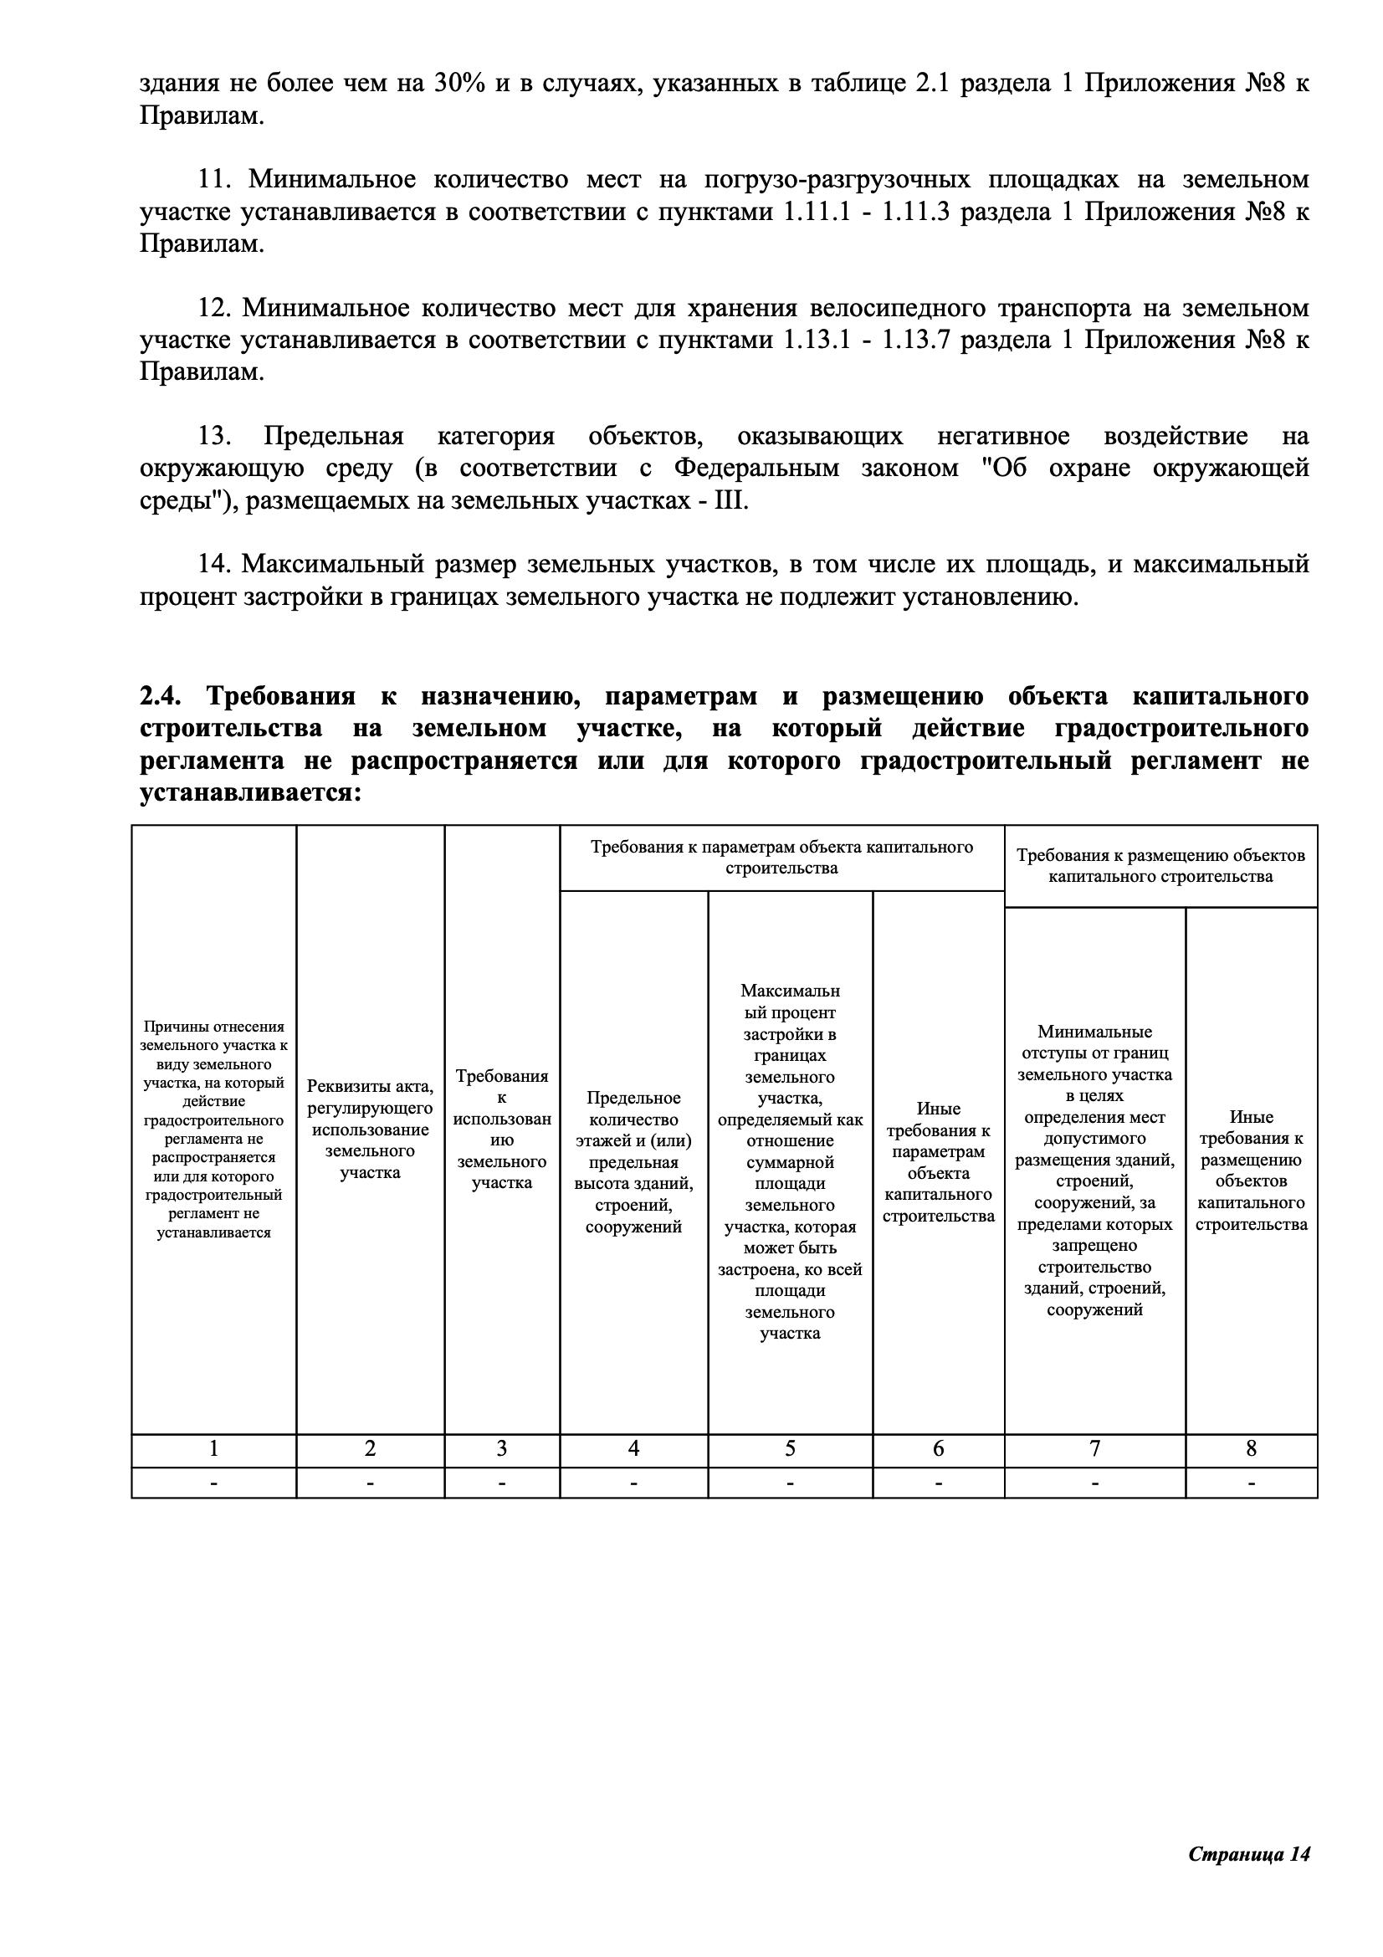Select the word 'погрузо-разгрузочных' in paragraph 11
(837, 180)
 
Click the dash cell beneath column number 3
(502, 1483)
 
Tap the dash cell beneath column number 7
(1094, 1483)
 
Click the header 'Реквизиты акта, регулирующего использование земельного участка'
(370, 1130)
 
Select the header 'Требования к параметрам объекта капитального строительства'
(781, 858)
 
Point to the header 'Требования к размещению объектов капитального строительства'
(1160, 866)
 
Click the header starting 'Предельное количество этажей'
(633, 1162)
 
